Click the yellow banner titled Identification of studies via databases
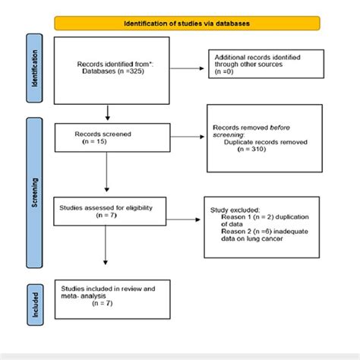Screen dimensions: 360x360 187,23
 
